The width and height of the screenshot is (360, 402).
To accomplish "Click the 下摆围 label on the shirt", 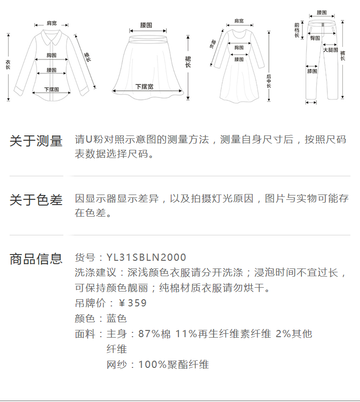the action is [51, 89].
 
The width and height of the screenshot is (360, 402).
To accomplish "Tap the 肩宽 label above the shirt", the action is [51, 23].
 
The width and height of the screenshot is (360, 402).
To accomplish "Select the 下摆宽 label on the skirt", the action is [144, 87].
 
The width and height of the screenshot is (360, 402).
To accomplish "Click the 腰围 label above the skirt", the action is [146, 24].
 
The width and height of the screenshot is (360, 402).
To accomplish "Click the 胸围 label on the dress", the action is [239, 48].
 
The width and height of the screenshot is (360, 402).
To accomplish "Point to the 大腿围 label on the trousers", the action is [330, 50].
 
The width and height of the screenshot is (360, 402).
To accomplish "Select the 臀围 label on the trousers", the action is [315, 37].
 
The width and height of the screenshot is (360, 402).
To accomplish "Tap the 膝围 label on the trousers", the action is [312, 72].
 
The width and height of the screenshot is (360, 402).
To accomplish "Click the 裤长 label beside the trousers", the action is [343, 56].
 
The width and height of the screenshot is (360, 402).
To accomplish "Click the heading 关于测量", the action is [36, 141].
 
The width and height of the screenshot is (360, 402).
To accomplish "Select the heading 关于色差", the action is [36, 200].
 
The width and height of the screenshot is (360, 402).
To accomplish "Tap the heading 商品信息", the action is [36, 259].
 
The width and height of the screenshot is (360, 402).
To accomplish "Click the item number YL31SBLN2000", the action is [146, 258].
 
